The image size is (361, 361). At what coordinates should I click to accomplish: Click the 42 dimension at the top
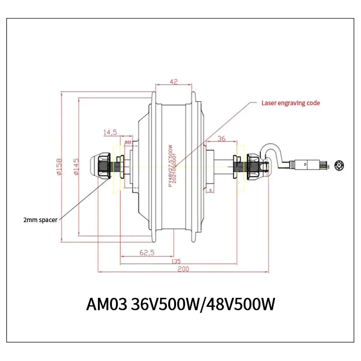click(174, 82)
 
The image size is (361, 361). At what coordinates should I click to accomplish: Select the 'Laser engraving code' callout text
click(291, 103)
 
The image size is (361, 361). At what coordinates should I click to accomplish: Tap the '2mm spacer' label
click(40, 220)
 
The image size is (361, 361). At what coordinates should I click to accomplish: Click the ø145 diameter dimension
click(76, 166)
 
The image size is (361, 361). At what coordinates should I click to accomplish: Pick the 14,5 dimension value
click(110, 132)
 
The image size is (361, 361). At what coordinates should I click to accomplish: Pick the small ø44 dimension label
click(128, 142)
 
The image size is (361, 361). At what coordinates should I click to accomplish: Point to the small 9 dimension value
click(210, 190)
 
